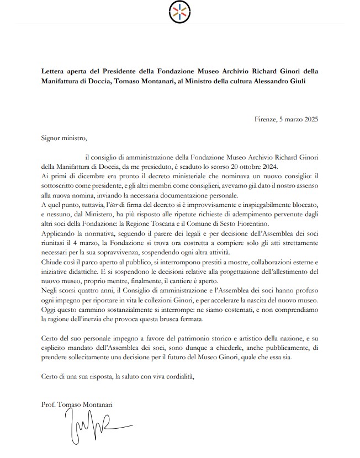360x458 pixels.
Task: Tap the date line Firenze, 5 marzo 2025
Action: click(x=287, y=119)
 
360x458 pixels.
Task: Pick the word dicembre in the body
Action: click(x=82, y=176)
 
